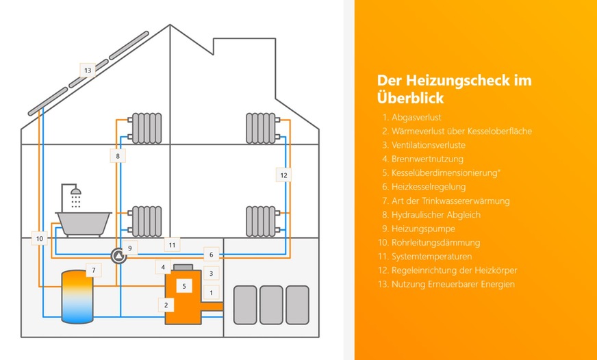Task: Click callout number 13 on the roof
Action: [88, 70]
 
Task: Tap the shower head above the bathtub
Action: [76, 191]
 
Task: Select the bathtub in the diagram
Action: [83, 222]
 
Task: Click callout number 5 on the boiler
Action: [184, 285]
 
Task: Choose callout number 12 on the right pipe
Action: [283, 175]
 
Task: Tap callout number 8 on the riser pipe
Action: [118, 156]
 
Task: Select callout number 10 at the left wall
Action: [40, 239]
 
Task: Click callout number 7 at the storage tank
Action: [94, 270]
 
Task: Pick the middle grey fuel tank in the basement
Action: [271, 305]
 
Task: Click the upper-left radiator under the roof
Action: [147, 128]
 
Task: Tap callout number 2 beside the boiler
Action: [165, 304]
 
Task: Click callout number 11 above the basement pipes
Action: [172, 244]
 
